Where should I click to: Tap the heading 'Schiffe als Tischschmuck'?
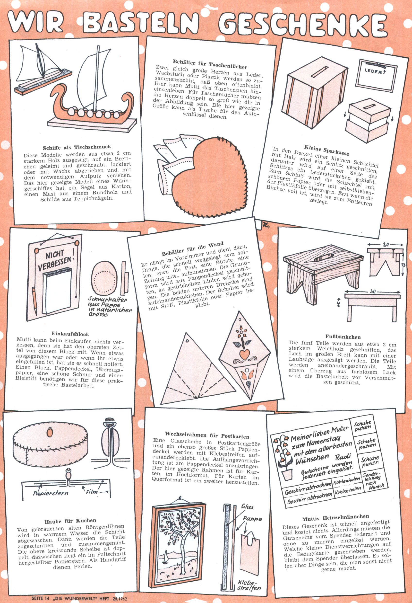tap(77, 147)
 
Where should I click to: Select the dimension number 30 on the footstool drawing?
tap(373, 291)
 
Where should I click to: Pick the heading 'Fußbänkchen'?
tap(343, 337)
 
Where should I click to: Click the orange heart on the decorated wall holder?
tap(244, 353)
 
